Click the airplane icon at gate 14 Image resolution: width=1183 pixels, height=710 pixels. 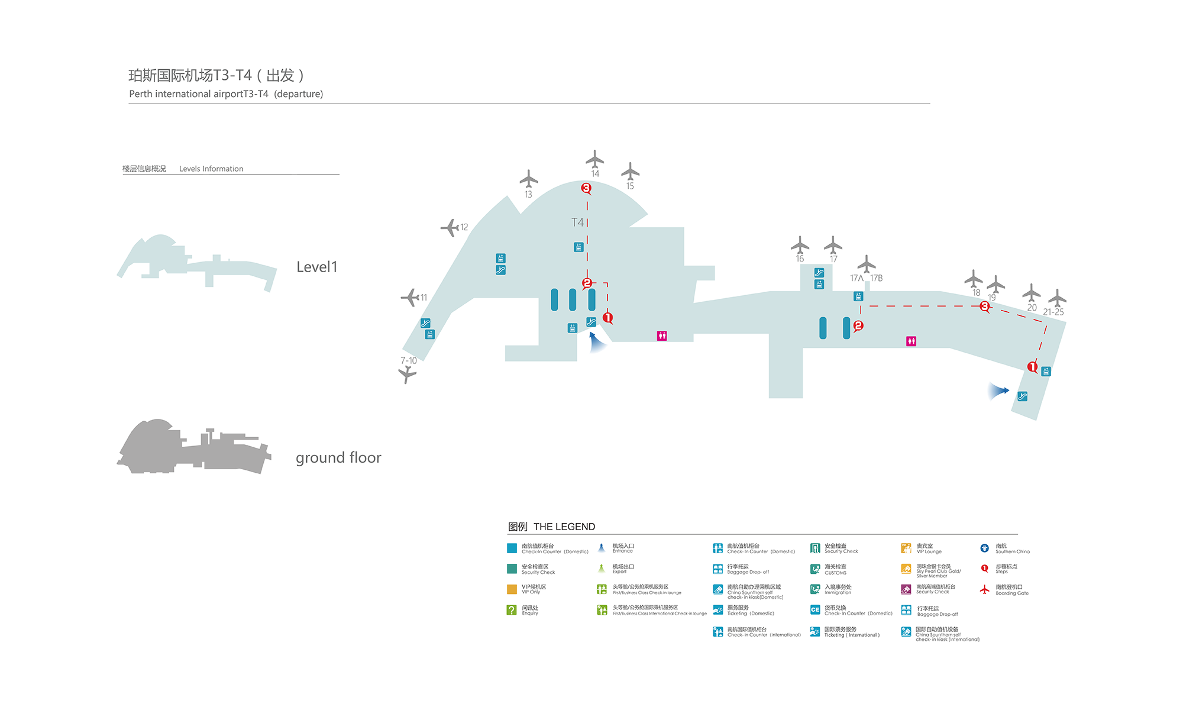pyautogui.click(x=594, y=159)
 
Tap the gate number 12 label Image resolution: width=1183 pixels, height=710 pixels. pyautogui.click(x=464, y=227)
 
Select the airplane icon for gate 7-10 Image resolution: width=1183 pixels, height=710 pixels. pyautogui.click(x=407, y=374)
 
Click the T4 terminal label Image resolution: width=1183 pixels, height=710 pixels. pyautogui.click(x=577, y=222)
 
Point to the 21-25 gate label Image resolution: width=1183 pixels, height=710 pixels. pyautogui.click(x=1053, y=312)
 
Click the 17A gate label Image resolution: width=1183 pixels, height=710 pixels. pyautogui.click(x=856, y=278)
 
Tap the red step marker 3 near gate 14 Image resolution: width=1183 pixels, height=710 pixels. pyautogui.click(x=586, y=188)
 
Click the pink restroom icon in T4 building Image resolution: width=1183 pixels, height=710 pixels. pyautogui.click(x=662, y=336)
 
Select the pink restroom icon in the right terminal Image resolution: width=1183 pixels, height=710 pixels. pyautogui.click(x=911, y=341)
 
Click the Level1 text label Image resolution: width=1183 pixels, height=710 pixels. pyautogui.click(x=316, y=267)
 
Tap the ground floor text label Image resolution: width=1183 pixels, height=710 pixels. pyautogui.click(x=338, y=458)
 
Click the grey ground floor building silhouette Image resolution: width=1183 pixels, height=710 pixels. pyautogui.click(x=189, y=450)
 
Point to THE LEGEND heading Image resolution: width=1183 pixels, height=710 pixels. pyautogui.click(x=564, y=527)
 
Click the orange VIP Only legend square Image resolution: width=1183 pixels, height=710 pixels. pyautogui.click(x=512, y=589)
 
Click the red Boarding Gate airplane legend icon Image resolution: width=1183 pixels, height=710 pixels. pyautogui.click(x=984, y=590)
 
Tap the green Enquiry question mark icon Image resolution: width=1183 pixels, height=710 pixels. pyautogui.click(x=512, y=610)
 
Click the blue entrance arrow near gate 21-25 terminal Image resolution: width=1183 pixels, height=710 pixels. pyautogui.click(x=999, y=390)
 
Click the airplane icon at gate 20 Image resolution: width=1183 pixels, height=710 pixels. pyautogui.click(x=1031, y=293)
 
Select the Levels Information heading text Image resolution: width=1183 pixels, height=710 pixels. pyautogui.click(x=211, y=169)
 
